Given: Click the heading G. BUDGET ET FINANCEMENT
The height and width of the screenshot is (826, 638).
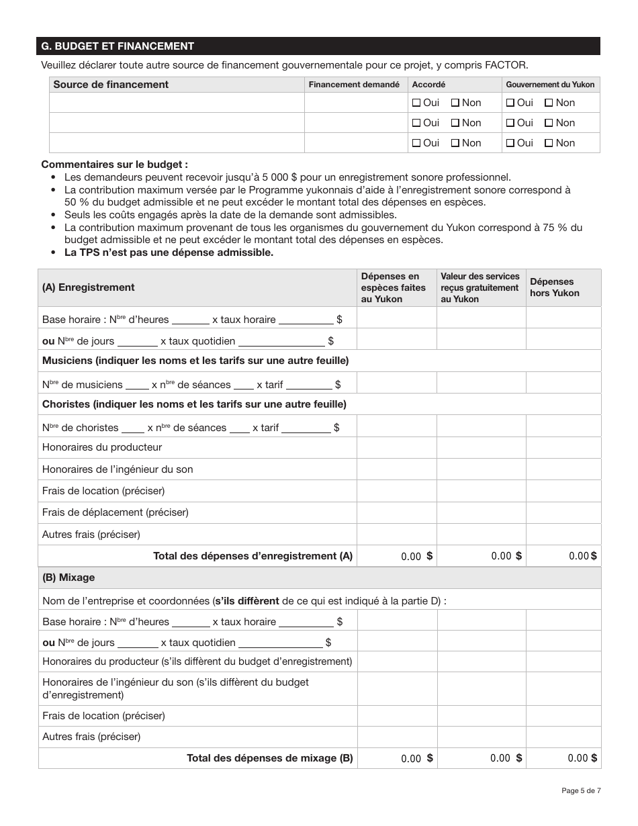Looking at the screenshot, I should (x=118, y=46).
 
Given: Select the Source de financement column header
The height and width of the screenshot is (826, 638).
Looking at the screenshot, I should (x=111, y=85).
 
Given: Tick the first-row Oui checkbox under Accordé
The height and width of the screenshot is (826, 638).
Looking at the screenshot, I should (x=416, y=103).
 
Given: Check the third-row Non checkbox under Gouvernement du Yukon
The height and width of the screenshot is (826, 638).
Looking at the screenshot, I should (x=549, y=143).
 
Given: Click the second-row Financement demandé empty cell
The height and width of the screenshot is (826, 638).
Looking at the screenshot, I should (x=356, y=123).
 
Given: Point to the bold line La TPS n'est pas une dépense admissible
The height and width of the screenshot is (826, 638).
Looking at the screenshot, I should (x=169, y=253).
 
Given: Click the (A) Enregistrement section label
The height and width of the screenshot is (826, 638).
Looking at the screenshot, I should (x=88, y=287).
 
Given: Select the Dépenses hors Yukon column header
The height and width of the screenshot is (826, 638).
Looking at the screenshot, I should (x=554, y=287).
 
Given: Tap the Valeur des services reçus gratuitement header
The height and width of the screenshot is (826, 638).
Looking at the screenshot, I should (x=480, y=287).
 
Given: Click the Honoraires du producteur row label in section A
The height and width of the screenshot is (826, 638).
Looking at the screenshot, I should (x=102, y=447).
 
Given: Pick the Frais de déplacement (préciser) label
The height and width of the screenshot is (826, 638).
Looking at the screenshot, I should (x=116, y=512).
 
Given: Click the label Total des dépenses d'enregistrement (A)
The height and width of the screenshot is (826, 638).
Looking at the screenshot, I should (x=253, y=556).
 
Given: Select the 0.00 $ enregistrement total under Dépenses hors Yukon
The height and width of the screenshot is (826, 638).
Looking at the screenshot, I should (x=582, y=556).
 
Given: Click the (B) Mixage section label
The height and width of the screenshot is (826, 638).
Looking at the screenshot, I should (x=69, y=578).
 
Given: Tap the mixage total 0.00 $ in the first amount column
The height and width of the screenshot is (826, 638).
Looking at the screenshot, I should (x=416, y=758).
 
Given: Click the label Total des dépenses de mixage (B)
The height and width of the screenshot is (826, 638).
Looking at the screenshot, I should (x=269, y=758).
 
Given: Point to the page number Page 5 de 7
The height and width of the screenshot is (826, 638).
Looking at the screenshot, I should (x=581, y=790).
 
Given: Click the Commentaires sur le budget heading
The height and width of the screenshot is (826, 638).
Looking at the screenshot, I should (x=115, y=165).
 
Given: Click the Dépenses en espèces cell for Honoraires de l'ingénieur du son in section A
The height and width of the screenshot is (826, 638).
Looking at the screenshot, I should (x=396, y=469).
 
